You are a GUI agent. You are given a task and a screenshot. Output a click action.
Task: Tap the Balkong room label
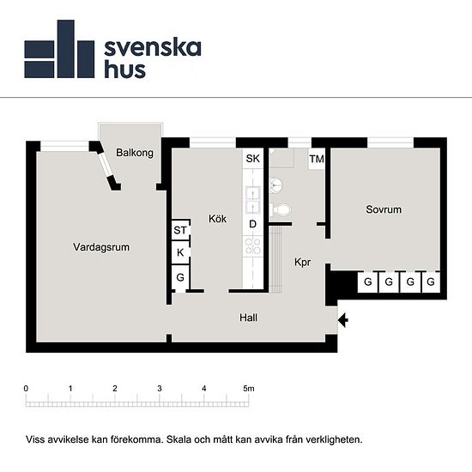(134, 153)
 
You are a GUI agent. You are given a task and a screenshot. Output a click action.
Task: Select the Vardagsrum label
(101, 247)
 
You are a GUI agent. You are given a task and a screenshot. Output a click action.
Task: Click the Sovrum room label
(383, 209)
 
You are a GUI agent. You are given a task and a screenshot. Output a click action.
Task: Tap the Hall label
(249, 318)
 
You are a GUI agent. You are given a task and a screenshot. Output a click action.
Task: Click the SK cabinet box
(252, 159)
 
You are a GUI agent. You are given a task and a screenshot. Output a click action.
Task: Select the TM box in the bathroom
(317, 159)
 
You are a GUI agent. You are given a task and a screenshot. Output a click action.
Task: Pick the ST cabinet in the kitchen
(180, 230)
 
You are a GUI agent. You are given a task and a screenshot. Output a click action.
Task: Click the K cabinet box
(180, 253)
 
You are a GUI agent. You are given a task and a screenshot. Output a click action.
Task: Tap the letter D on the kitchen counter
(252, 225)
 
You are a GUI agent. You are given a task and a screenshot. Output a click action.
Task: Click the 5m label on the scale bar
(249, 389)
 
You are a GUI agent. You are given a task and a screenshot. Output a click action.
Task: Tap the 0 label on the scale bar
(27, 389)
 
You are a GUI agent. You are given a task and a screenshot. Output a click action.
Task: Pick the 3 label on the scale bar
(160, 389)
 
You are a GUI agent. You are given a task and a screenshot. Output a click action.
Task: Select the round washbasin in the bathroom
(275, 183)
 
